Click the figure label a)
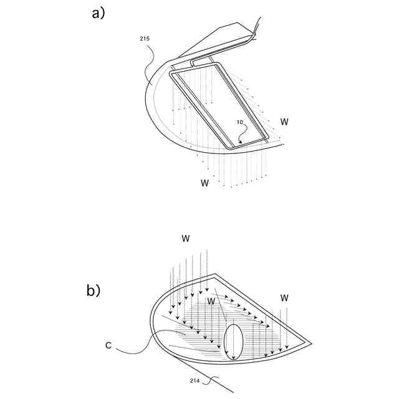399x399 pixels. pyautogui.click(x=99, y=14)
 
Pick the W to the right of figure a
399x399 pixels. pyautogui.click(x=284, y=120)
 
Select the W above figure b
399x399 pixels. pyautogui.click(x=185, y=238)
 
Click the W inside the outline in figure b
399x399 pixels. pyautogui.click(x=212, y=301)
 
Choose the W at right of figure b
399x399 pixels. pyautogui.click(x=284, y=297)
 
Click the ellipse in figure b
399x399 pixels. pyautogui.click(x=233, y=342)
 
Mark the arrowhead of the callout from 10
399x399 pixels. pyautogui.click(x=241, y=142)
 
